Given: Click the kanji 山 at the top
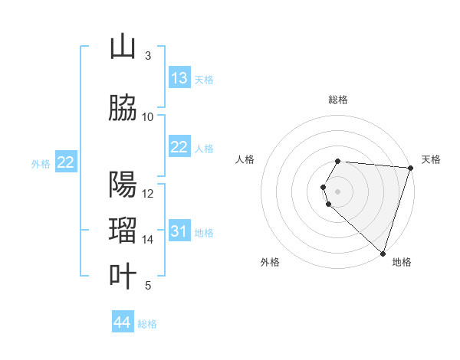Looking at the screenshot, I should click(x=123, y=47).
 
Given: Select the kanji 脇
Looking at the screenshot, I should click(x=123, y=109).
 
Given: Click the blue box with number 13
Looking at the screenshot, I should click(x=179, y=78).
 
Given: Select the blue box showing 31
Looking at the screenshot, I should click(x=179, y=231).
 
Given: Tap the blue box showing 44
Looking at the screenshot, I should click(x=123, y=322).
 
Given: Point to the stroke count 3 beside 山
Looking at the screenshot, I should click(x=147, y=56).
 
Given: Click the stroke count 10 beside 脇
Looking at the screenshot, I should click(x=148, y=117).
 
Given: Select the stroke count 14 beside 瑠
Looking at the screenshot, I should click(x=148, y=240).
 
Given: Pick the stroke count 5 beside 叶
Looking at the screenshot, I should click(x=147, y=286).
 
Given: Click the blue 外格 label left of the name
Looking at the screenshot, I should click(x=41, y=163).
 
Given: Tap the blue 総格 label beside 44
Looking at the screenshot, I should click(x=147, y=324).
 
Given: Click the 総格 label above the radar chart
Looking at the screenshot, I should click(x=337, y=100).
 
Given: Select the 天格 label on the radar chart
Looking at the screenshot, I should click(x=431, y=159).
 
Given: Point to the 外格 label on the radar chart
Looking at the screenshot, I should click(x=269, y=262).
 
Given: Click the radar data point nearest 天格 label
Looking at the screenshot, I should click(x=410, y=168).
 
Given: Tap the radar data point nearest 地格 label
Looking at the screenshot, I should click(x=383, y=253).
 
